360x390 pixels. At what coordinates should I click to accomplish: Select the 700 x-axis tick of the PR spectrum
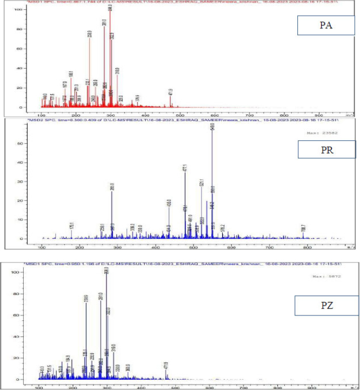(270, 247)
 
